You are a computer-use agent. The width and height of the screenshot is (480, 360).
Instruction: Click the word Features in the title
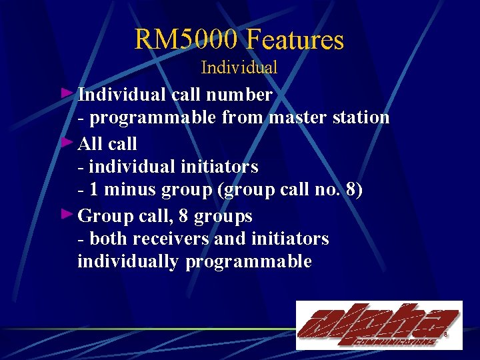(295, 39)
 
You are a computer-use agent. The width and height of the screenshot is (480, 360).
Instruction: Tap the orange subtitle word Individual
(239, 67)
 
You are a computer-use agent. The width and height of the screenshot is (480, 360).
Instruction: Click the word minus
(123, 191)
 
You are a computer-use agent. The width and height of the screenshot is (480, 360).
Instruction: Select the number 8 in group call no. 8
(351, 191)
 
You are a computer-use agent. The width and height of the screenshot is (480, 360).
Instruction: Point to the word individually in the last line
(128, 261)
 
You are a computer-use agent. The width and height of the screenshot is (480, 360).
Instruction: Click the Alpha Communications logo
(379, 325)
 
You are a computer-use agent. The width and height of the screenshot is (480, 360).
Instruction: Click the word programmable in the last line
(249, 261)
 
